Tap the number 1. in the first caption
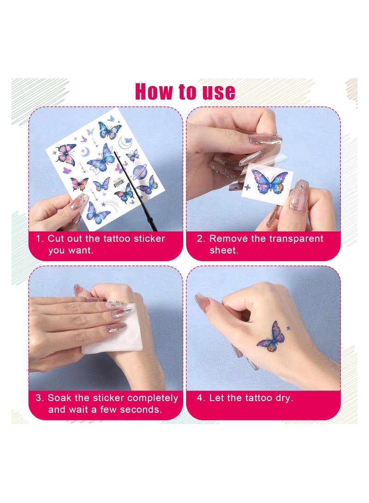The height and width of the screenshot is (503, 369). (40, 239)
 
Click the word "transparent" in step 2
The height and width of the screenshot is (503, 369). (296, 239)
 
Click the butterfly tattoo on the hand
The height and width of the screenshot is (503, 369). (271, 337)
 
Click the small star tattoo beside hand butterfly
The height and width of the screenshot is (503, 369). (288, 328)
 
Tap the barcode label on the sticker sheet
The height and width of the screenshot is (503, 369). (118, 184)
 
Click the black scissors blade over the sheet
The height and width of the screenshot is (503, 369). (135, 190)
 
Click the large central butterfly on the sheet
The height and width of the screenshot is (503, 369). (101, 159)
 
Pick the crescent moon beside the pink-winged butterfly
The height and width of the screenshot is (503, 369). (85, 152)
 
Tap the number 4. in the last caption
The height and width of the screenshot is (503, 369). (201, 398)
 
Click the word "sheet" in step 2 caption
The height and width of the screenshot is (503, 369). (224, 250)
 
